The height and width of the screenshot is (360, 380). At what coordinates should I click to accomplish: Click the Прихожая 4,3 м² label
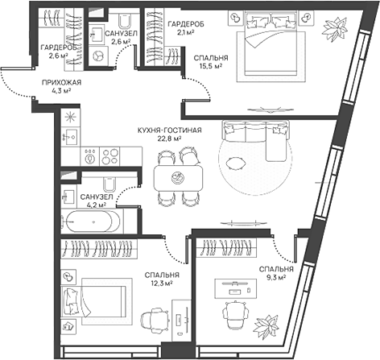(61, 86)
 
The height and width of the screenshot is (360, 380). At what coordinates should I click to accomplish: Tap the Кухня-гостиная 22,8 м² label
(169, 134)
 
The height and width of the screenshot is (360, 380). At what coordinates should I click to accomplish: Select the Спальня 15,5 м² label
(211, 62)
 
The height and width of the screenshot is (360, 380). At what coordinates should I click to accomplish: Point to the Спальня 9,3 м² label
(276, 273)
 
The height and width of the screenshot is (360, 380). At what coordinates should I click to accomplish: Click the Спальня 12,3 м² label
(162, 279)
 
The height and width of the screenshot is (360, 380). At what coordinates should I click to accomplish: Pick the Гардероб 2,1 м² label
(186, 27)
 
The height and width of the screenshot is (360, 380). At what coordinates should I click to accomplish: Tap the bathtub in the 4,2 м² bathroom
(93, 221)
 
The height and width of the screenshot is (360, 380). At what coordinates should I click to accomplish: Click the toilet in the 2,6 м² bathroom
(125, 20)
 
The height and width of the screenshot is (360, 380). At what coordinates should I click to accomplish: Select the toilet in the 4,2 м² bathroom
(109, 184)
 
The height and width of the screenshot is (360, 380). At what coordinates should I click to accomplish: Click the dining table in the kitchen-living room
(178, 178)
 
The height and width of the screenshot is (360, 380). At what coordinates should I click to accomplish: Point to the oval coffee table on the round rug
(236, 163)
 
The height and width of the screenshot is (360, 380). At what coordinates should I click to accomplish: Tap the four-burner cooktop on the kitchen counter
(109, 156)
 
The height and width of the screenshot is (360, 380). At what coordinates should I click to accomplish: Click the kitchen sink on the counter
(70, 137)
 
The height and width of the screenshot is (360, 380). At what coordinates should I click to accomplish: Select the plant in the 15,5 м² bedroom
(336, 29)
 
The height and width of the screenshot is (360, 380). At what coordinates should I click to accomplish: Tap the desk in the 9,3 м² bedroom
(235, 288)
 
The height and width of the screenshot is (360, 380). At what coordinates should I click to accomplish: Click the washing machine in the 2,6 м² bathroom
(97, 56)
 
